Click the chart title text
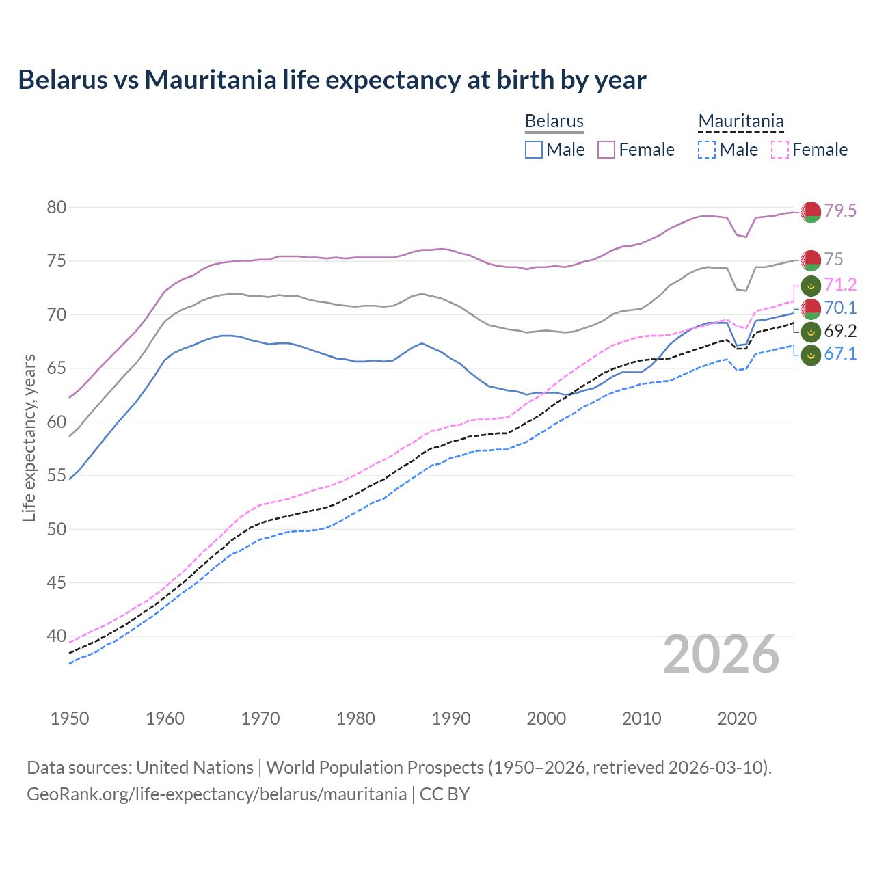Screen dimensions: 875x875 pyautogui.click(x=332, y=80)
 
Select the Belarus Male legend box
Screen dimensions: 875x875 pyautogui.click(x=534, y=150)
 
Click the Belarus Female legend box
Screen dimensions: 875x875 pyautogui.click(x=606, y=150)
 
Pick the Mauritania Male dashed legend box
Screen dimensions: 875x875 pyautogui.click(x=707, y=150)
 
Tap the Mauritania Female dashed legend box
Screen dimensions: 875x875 pyautogui.click(x=779, y=150)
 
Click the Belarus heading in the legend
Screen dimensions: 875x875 pyautogui.click(x=554, y=121)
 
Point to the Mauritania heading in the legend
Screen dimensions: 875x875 pyautogui.click(x=740, y=121)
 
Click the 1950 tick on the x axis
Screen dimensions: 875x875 pyautogui.click(x=70, y=718)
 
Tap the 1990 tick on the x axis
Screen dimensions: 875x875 pyautogui.click(x=451, y=718)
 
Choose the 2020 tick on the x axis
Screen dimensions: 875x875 pyautogui.click(x=737, y=718)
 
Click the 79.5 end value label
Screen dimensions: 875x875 pyautogui.click(x=840, y=211)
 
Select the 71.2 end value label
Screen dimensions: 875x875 pyautogui.click(x=840, y=285)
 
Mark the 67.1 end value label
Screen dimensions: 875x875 pyautogui.click(x=840, y=354)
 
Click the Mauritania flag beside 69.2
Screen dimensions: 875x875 pyautogui.click(x=811, y=332)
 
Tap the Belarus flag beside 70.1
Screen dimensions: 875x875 pyautogui.click(x=811, y=309)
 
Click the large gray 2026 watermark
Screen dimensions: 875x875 pyautogui.click(x=721, y=655)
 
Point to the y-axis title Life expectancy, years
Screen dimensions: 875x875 pyautogui.click(x=29, y=437)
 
